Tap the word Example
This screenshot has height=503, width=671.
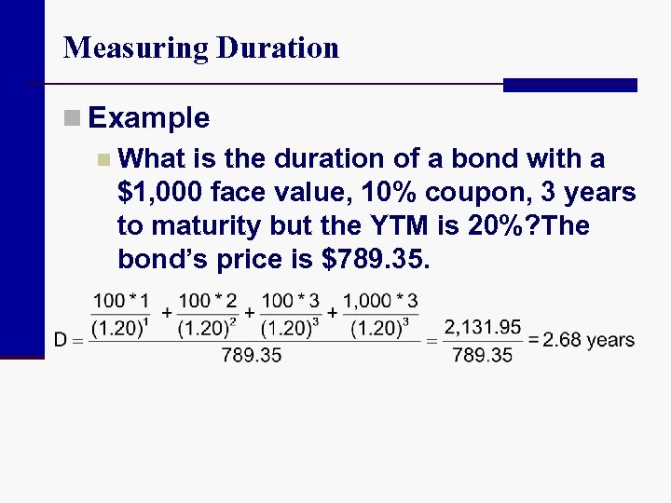(x=149, y=118)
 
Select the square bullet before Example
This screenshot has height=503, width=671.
(x=72, y=118)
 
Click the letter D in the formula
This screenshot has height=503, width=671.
(x=61, y=340)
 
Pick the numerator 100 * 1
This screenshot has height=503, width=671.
(x=121, y=302)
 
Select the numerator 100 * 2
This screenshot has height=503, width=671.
(x=207, y=302)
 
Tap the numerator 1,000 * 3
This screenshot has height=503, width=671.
(x=380, y=302)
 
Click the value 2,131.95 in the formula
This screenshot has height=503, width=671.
(x=482, y=326)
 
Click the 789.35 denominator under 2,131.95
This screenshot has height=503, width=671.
(x=482, y=355)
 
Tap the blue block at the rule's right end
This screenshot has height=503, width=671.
(x=569, y=85)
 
